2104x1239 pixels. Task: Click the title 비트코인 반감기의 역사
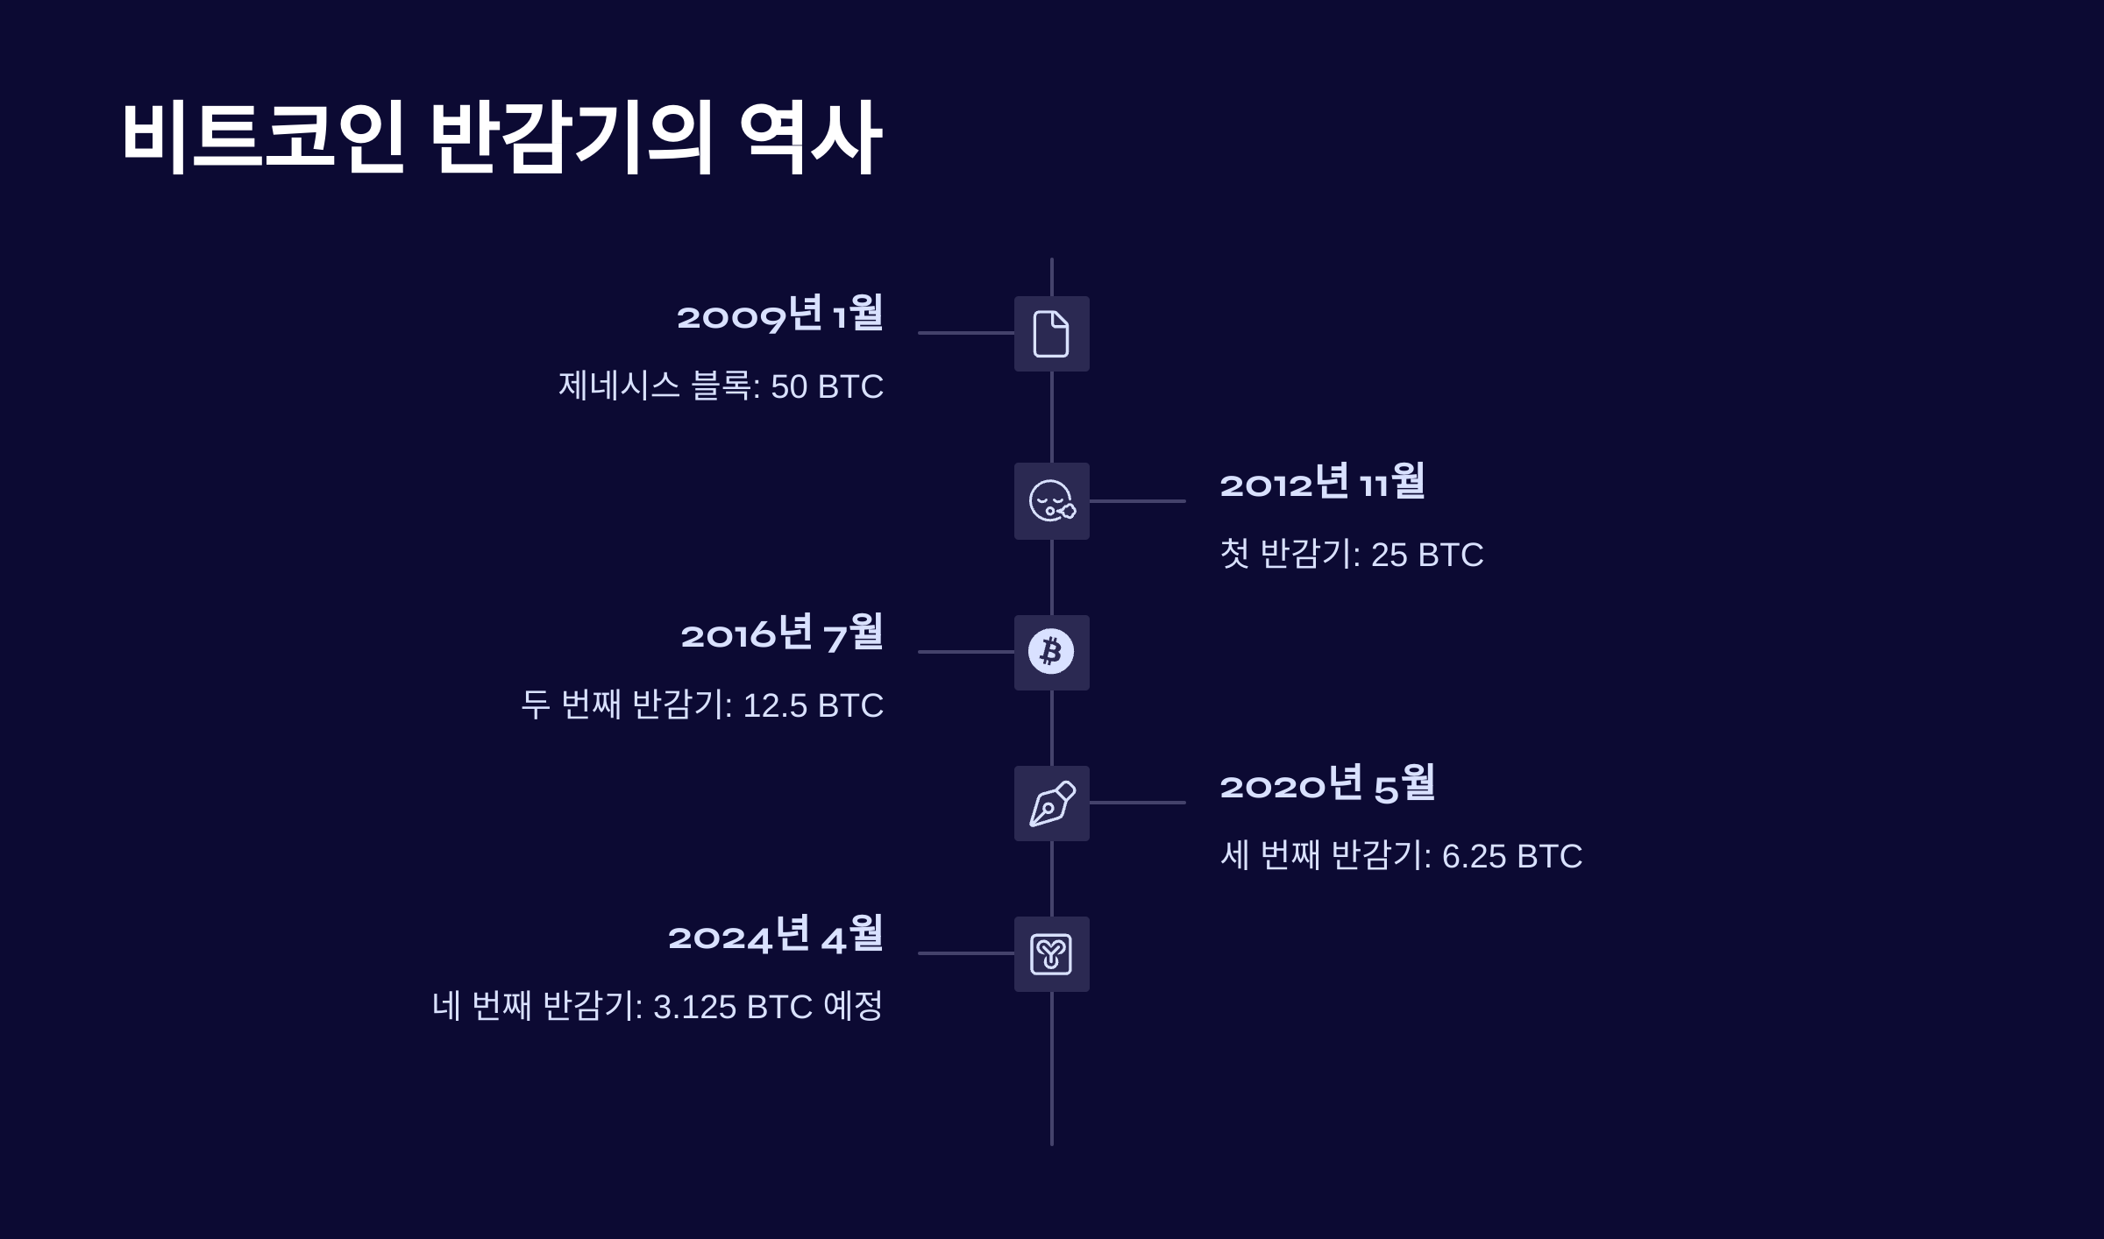tap(501, 138)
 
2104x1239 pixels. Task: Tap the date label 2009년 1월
tap(779, 315)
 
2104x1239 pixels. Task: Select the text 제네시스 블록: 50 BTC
tap(721, 386)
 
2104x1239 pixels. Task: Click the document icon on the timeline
tap(1051, 334)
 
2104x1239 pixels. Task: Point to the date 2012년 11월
tap(1322, 483)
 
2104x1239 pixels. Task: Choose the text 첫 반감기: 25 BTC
tap(1351, 555)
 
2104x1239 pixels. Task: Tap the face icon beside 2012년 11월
tap(1051, 501)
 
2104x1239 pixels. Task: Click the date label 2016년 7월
tap(781, 634)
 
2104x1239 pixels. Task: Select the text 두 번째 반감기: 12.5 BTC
tap(702, 705)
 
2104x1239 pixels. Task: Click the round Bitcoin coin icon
tap(1051, 652)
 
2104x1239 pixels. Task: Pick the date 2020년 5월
tap(1327, 784)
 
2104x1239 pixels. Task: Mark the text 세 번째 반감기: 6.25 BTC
tap(1401, 856)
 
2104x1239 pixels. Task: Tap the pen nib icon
tap(1051, 804)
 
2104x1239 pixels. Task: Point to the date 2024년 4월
tap(775, 935)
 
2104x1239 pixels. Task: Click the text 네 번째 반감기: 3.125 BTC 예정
tap(657, 1007)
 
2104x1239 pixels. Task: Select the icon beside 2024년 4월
tap(1051, 954)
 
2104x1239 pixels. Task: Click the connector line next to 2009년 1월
tap(965, 333)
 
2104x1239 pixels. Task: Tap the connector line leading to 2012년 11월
tap(1137, 501)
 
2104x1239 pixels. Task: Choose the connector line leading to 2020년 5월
tap(1137, 803)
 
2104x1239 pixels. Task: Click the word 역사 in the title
tap(810, 138)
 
